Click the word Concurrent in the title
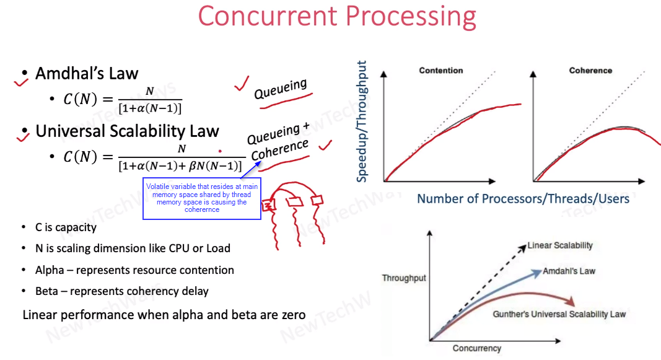pos(268,16)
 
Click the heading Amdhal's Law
pos(86,73)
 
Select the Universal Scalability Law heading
pos(127,131)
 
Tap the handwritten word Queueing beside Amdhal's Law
pos(281,89)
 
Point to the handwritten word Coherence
pos(280,150)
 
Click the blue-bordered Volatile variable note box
pos(202,198)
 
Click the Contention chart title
pos(441,71)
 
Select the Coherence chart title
pos(590,71)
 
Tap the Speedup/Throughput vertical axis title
pos(362,121)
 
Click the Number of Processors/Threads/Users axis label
pos(523,198)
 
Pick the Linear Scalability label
pos(560,245)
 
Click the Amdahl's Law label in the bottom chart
pos(569,271)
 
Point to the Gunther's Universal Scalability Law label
pos(559,314)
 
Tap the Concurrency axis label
pos(477,348)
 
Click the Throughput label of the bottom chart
pos(404,278)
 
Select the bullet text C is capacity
pos(66,227)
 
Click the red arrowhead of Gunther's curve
pos(570,301)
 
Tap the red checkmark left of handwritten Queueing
pos(242,84)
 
